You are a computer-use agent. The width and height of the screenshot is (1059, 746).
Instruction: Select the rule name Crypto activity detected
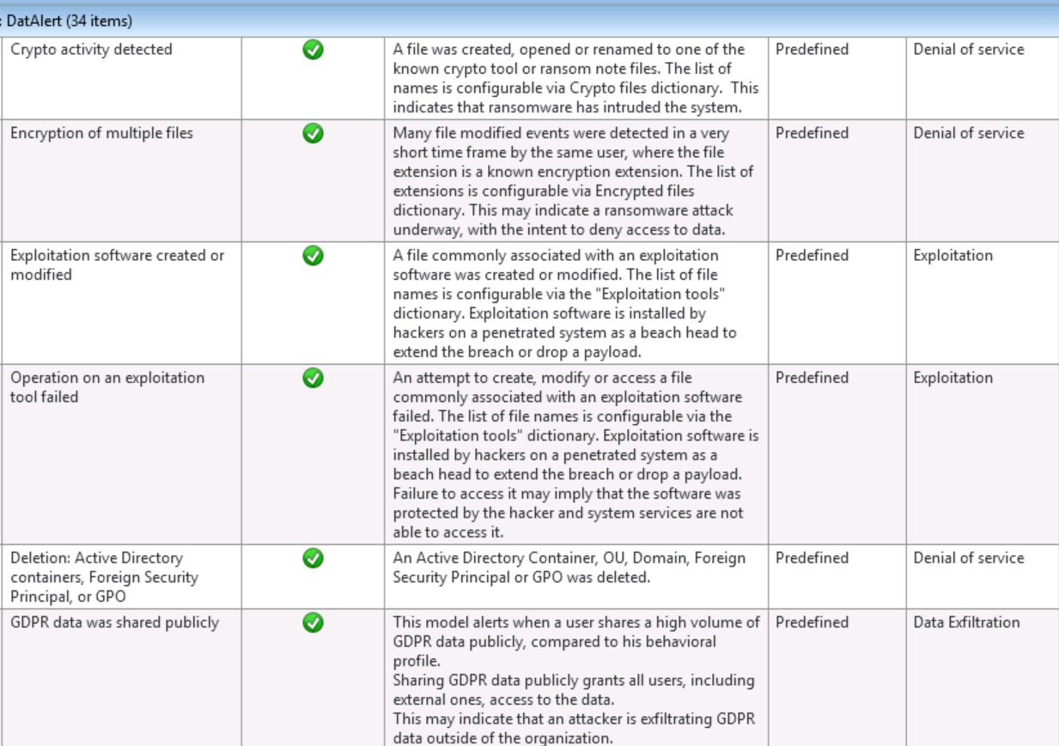[x=91, y=50]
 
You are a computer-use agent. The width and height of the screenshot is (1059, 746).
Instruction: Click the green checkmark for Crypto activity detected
[x=313, y=50]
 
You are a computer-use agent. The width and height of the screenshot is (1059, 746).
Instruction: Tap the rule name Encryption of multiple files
[x=101, y=133]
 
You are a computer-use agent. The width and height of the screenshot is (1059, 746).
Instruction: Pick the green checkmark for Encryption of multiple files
[x=313, y=133]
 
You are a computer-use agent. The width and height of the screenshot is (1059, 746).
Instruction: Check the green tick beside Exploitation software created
[x=313, y=255]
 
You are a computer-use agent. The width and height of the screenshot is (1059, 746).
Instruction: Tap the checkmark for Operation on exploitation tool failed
[x=313, y=378]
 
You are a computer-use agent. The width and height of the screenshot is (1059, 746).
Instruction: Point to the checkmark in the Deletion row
[x=313, y=558]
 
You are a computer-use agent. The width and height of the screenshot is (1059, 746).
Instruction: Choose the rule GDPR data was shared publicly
[x=114, y=622]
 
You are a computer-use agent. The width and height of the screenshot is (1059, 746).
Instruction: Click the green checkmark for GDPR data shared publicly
[x=313, y=622]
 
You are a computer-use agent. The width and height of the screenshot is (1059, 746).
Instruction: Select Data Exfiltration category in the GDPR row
[x=966, y=622]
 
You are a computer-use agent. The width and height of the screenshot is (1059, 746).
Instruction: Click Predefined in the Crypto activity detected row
[x=812, y=50]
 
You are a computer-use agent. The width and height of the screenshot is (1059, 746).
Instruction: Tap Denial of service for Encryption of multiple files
[x=968, y=133]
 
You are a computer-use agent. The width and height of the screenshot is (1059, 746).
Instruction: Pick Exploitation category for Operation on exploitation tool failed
[x=952, y=378]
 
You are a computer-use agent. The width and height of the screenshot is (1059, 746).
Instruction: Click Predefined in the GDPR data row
[x=812, y=622]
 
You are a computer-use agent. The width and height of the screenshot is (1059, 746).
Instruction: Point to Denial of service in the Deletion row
[x=968, y=558]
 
